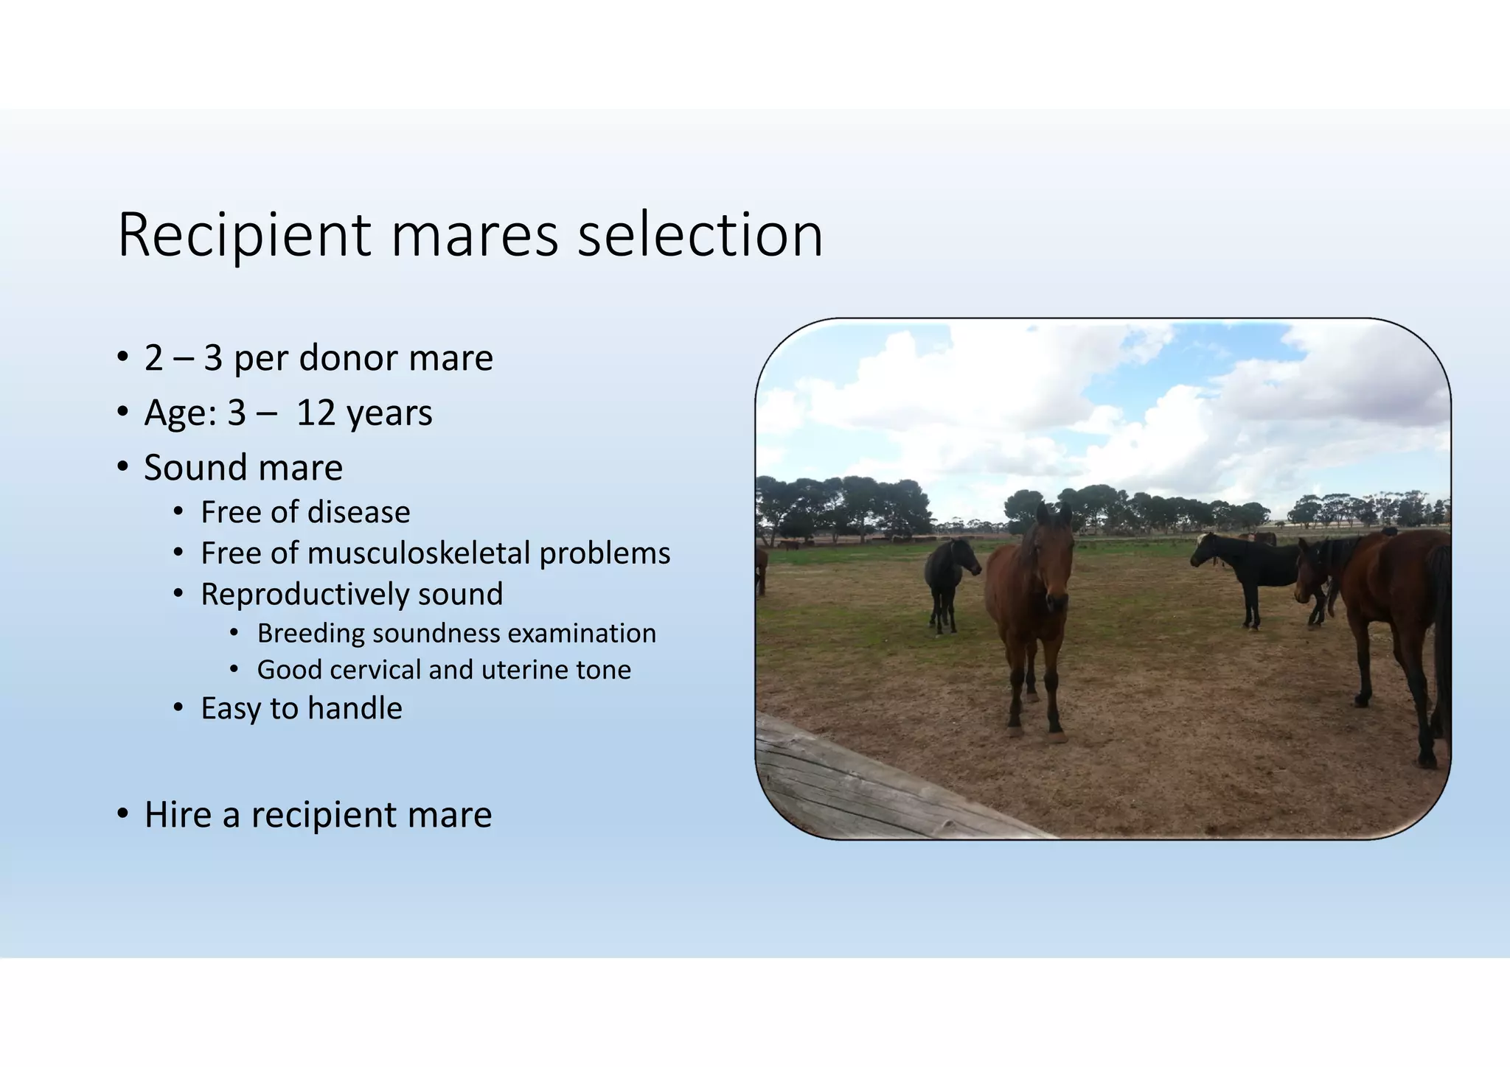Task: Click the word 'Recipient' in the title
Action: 243,236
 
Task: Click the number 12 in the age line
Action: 316,413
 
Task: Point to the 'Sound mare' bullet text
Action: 243,468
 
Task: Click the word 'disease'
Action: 359,512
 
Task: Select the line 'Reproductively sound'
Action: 352,595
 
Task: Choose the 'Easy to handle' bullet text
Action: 301,709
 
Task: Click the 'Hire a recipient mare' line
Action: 318,815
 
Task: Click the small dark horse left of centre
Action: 947,578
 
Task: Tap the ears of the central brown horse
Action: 1054,511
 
